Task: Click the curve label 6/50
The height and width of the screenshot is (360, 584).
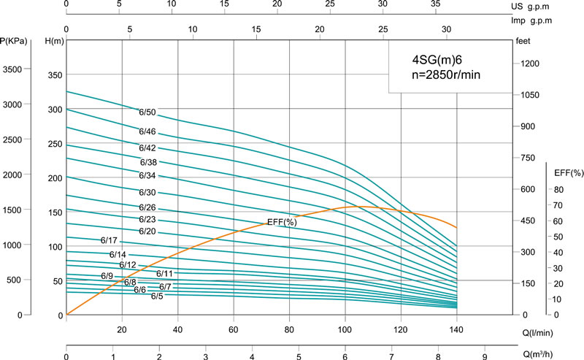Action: pos(147,112)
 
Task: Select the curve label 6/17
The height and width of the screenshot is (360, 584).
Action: pos(109,240)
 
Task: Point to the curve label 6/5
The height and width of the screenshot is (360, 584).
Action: pos(157,296)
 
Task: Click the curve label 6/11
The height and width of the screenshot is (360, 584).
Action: pos(164,274)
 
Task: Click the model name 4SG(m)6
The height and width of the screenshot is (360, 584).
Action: pos(433,61)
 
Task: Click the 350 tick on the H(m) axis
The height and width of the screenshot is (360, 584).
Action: pos(55,75)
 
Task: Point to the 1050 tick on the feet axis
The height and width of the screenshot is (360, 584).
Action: pos(529,96)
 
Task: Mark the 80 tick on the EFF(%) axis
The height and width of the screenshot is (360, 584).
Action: pos(558,189)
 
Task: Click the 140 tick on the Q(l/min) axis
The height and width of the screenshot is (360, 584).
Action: pos(456,329)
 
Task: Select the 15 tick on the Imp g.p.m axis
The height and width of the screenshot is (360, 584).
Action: pos(257,30)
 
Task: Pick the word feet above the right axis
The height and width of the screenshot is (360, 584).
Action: pos(523,42)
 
